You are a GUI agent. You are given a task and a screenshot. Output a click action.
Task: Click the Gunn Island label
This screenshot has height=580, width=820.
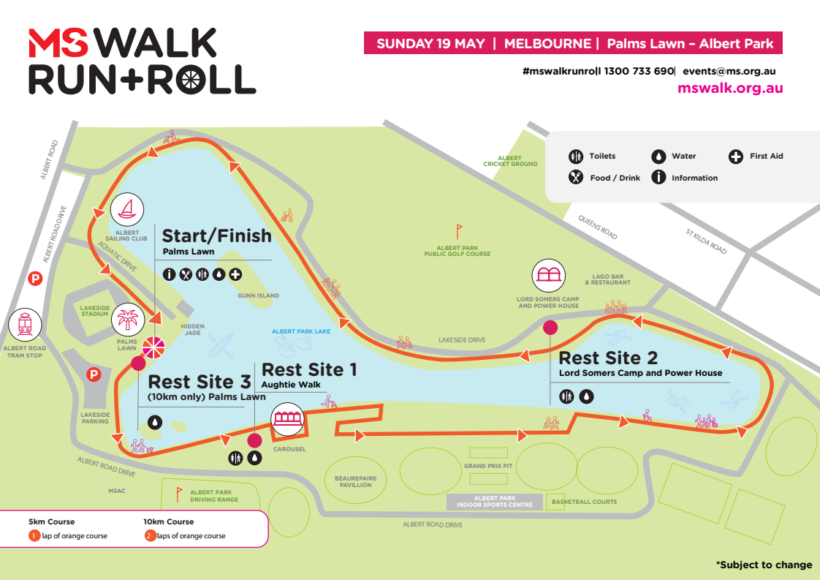click(x=258, y=295)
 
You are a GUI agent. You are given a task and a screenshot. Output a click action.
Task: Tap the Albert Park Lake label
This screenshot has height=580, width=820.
click(x=301, y=331)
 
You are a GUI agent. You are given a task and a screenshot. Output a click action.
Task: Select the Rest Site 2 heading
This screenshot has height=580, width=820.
click(x=608, y=358)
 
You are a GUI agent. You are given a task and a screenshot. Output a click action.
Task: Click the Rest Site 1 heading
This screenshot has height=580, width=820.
click(x=309, y=370)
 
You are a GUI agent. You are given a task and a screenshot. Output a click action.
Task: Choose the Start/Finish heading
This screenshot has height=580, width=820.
click(x=216, y=236)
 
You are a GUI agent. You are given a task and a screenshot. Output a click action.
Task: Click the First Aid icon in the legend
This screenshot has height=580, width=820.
click(x=736, y=156)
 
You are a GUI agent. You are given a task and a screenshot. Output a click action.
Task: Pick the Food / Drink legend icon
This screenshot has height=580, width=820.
click(x=576, y=177)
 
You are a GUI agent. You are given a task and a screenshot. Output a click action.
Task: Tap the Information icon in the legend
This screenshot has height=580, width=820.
click(x=658, y=177)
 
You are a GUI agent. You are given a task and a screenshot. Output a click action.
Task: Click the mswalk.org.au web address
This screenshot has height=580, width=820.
click(x=730, y=88)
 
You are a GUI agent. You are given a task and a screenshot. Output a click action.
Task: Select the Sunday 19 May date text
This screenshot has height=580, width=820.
click(x=430, y=43)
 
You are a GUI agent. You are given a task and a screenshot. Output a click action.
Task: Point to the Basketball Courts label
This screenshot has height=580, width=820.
click(x=584, y=502)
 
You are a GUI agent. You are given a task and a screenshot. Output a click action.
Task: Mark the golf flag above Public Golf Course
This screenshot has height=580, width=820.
click(x=459, y=231)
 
